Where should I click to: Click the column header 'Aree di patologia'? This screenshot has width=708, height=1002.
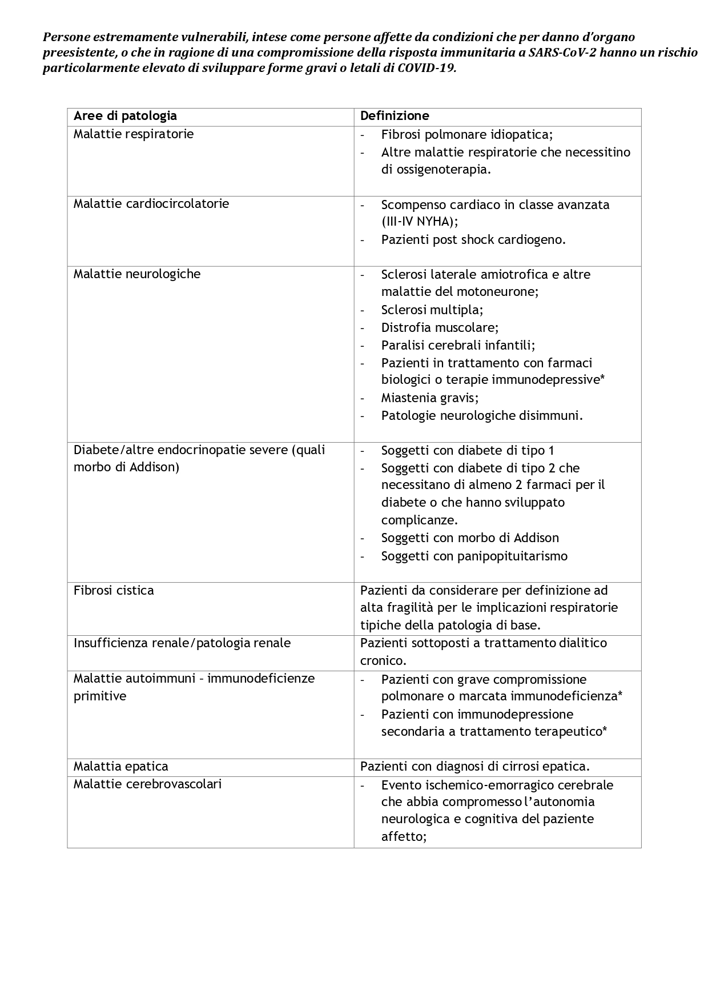[x=125, y=116]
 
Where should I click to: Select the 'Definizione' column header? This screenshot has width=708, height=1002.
[x=395, y=116]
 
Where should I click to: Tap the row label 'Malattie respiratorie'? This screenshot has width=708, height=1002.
[x=134, y=134]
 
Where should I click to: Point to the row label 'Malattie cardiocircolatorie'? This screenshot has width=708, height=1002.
[x=151, y=204]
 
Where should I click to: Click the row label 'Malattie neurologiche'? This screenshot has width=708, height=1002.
[x=137, y=274]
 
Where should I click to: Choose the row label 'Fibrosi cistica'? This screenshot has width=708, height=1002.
[x=114, y=591]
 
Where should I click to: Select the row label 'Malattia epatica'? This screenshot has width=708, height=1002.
[x=121, y=767]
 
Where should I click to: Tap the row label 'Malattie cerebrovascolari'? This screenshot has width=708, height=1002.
[x=147, y=784]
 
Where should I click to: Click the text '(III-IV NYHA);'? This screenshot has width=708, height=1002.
[x=420, y=222]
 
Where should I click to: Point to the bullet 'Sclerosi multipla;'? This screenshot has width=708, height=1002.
[x=432, y=310]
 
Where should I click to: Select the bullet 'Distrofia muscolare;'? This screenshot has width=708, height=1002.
[x=440, y=328]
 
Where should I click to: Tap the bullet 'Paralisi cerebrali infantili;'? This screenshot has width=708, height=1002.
[x=458, y=345]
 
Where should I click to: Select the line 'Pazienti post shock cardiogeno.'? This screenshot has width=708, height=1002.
[x=473, y=240]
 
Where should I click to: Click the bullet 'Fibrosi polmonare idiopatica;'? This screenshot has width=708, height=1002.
[x=466, y=134]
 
